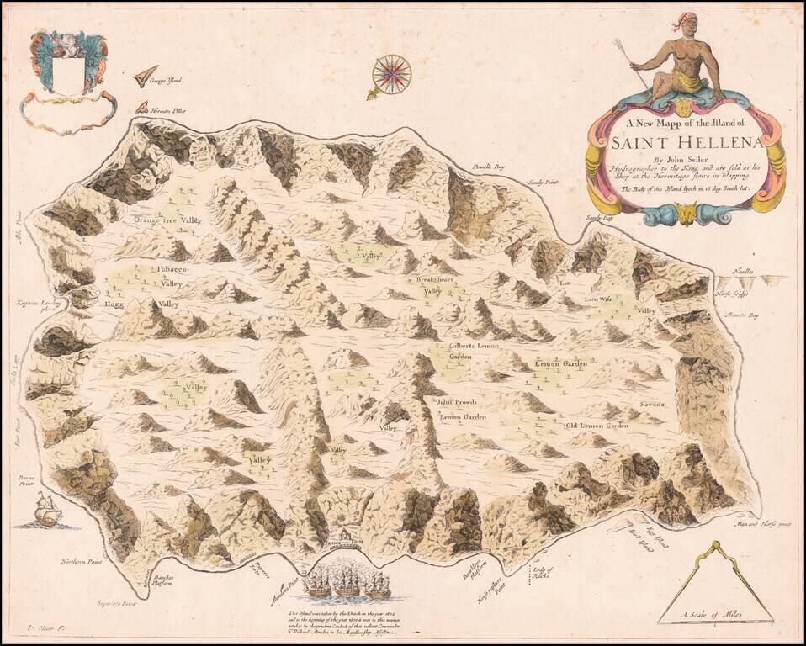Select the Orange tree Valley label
coord(167,220)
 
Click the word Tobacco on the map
coord(171,269)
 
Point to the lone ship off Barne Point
coord(48,510)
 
